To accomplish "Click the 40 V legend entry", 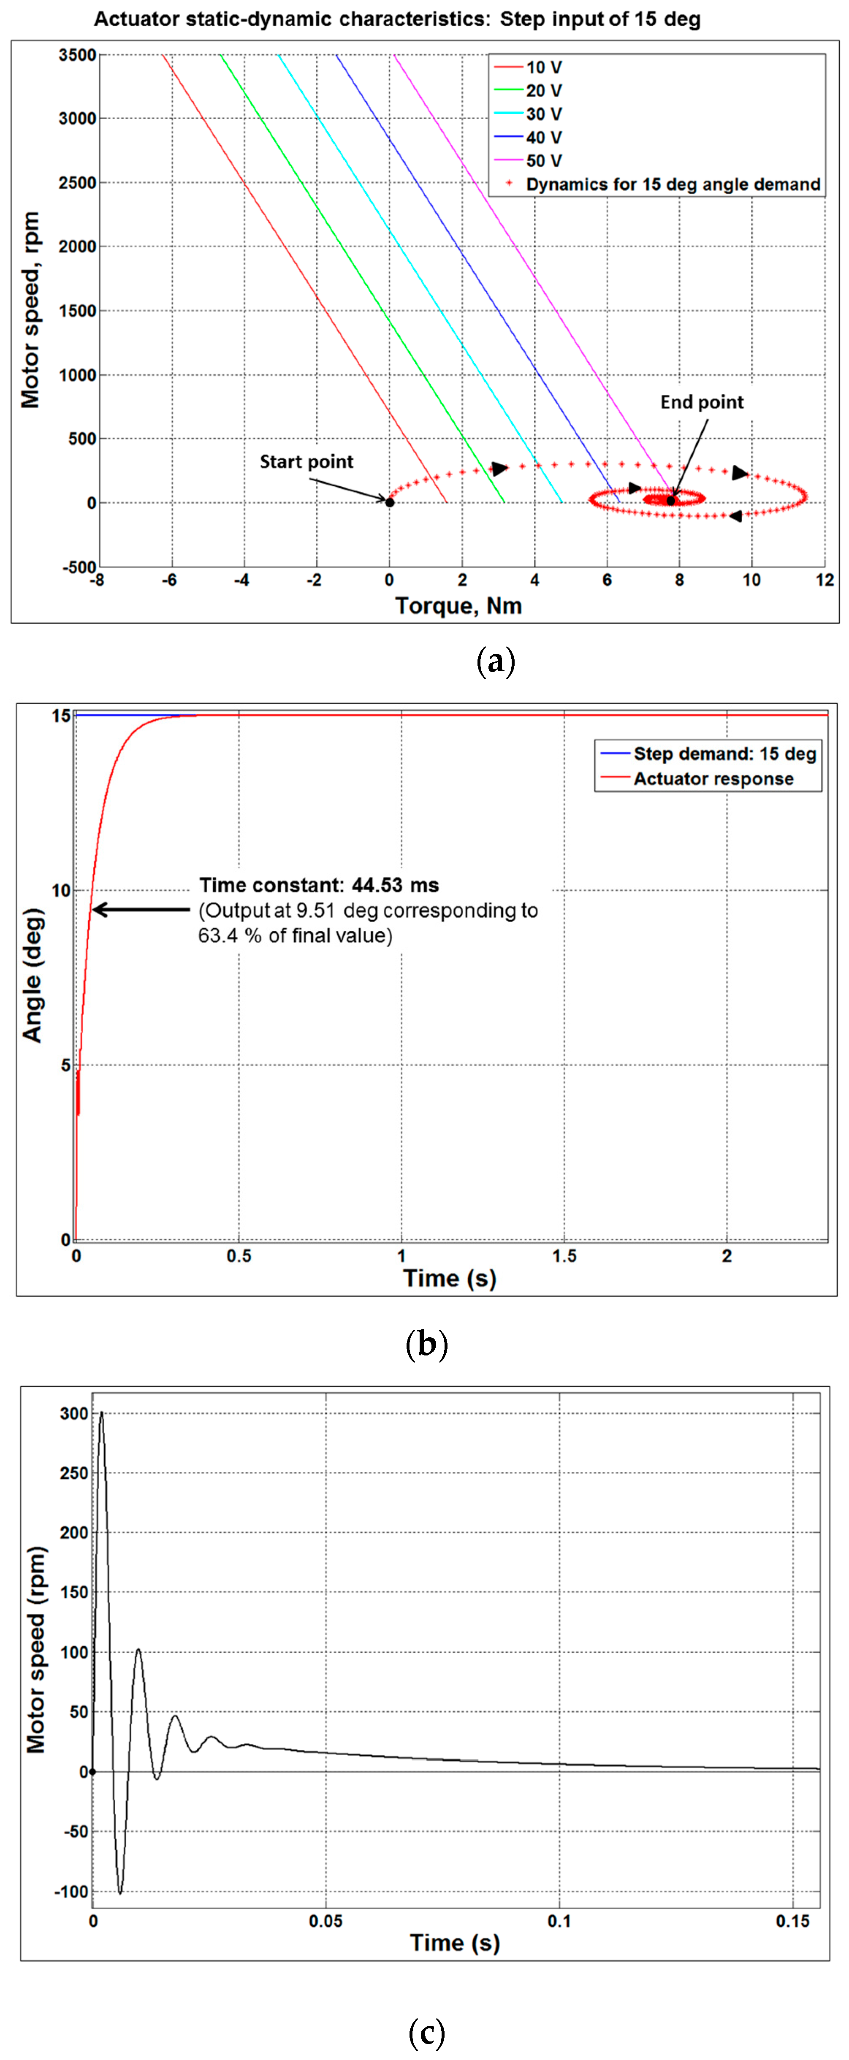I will coord(544,138).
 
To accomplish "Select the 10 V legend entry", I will coord(544,67).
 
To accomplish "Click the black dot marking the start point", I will coord(389,502).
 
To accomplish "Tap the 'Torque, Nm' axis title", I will coord(458,605).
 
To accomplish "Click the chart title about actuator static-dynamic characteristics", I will coord(397,19).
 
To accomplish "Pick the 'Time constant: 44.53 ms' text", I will coord(319,885).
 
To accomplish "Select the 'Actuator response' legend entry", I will coord(713,779).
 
